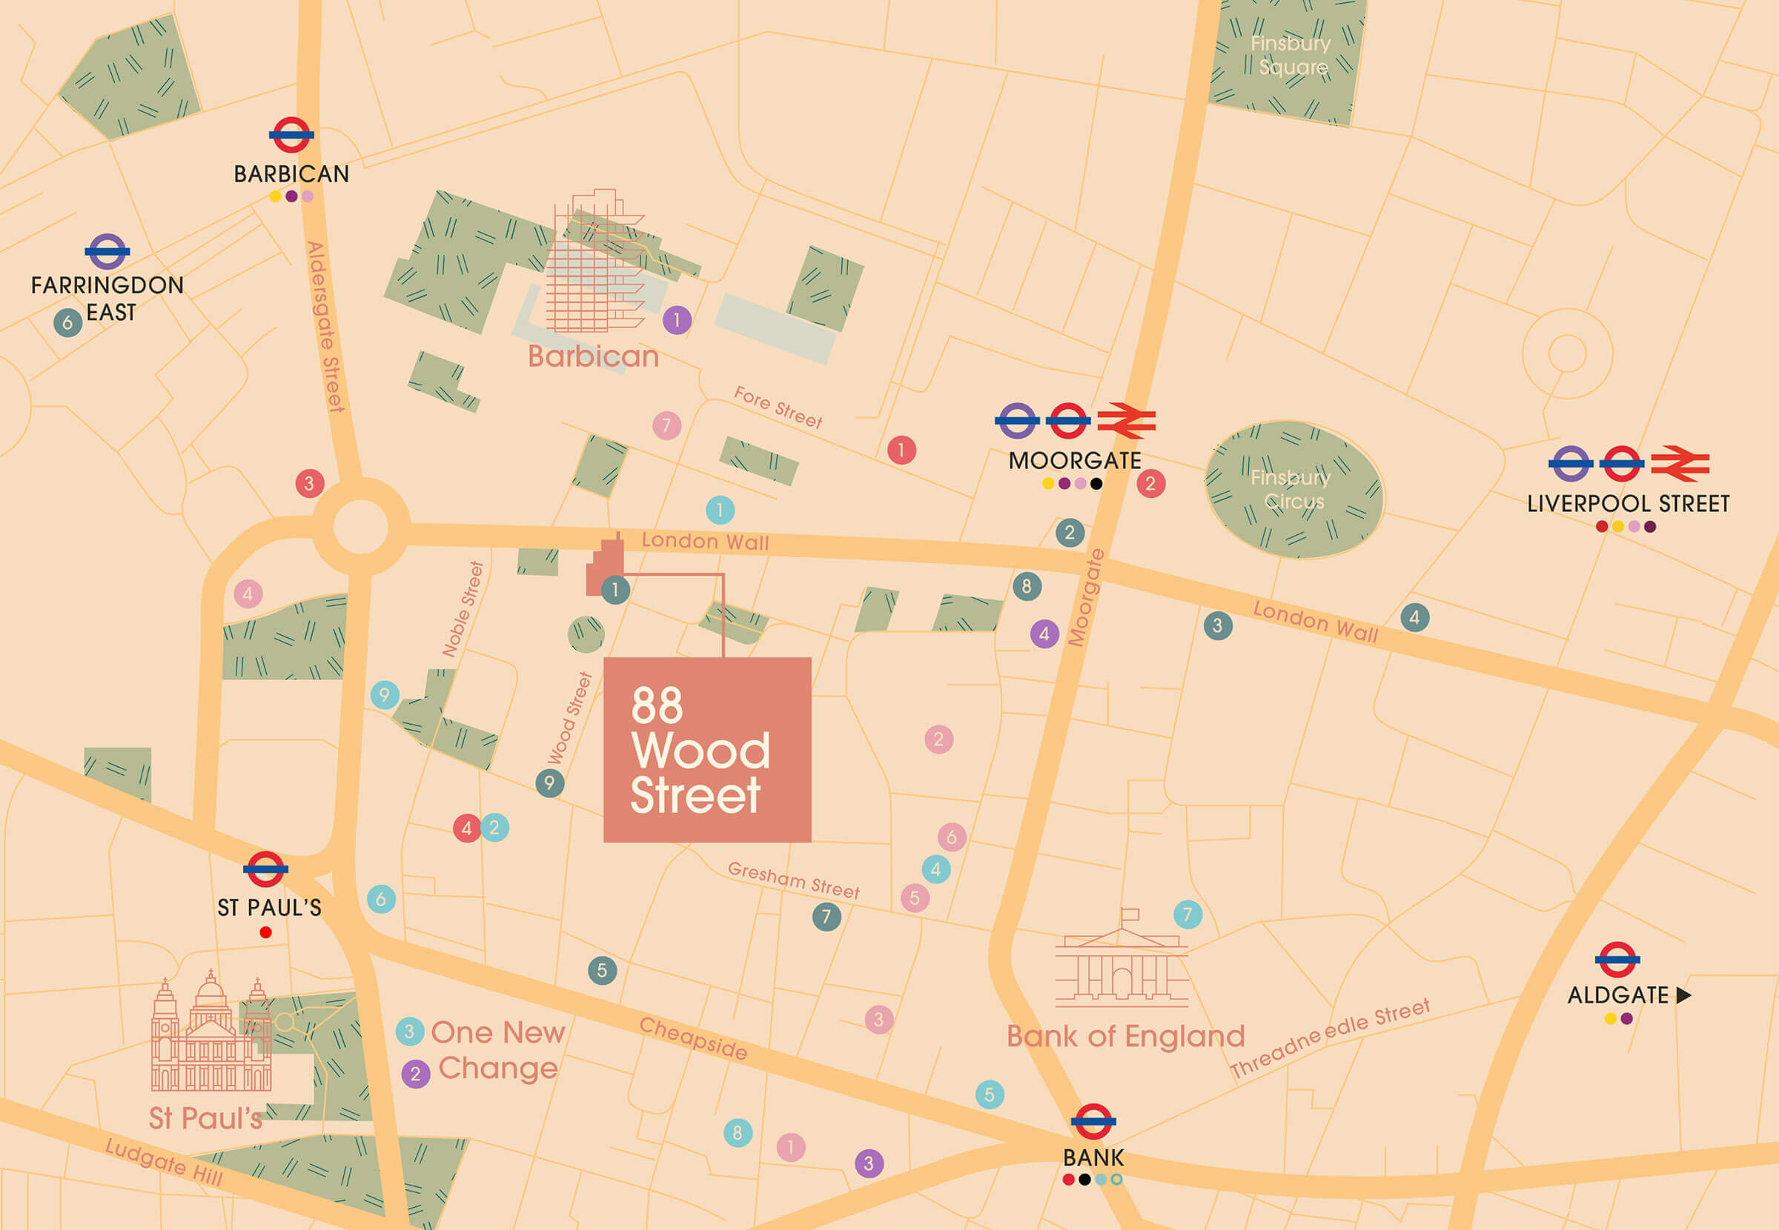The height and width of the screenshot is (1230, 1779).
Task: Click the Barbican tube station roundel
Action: [x=291, y=136]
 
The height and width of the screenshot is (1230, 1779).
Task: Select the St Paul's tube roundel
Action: [x=265, y=869]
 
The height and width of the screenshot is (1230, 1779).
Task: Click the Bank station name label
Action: [x=1093, y=1157]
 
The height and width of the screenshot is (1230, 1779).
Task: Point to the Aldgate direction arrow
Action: [x=1684, y=995]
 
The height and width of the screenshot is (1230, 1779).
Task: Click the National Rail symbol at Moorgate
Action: [x=1126, y=421]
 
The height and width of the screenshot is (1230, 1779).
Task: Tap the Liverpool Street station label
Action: [x=1628, y=504]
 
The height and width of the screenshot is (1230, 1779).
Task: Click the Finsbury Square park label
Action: [x=1291, y=55]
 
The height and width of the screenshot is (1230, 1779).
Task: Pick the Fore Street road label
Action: [x=777, y=407]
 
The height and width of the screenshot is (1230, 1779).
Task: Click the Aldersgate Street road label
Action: [x=325, y=326]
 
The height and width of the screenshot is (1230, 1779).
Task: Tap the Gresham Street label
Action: [x=793, y=880]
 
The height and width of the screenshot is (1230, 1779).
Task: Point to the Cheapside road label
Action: [x=692, y=1038]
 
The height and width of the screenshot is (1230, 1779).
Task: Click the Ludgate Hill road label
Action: [x=164, y=1162]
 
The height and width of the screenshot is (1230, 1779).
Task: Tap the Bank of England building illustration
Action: [x=1122, y=963]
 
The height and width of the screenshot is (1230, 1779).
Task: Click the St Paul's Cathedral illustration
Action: [x=211, y=1037]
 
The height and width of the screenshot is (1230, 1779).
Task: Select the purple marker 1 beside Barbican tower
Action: [x=677, y=319]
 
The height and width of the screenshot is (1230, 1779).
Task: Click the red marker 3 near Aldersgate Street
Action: [x=309, y=483]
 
